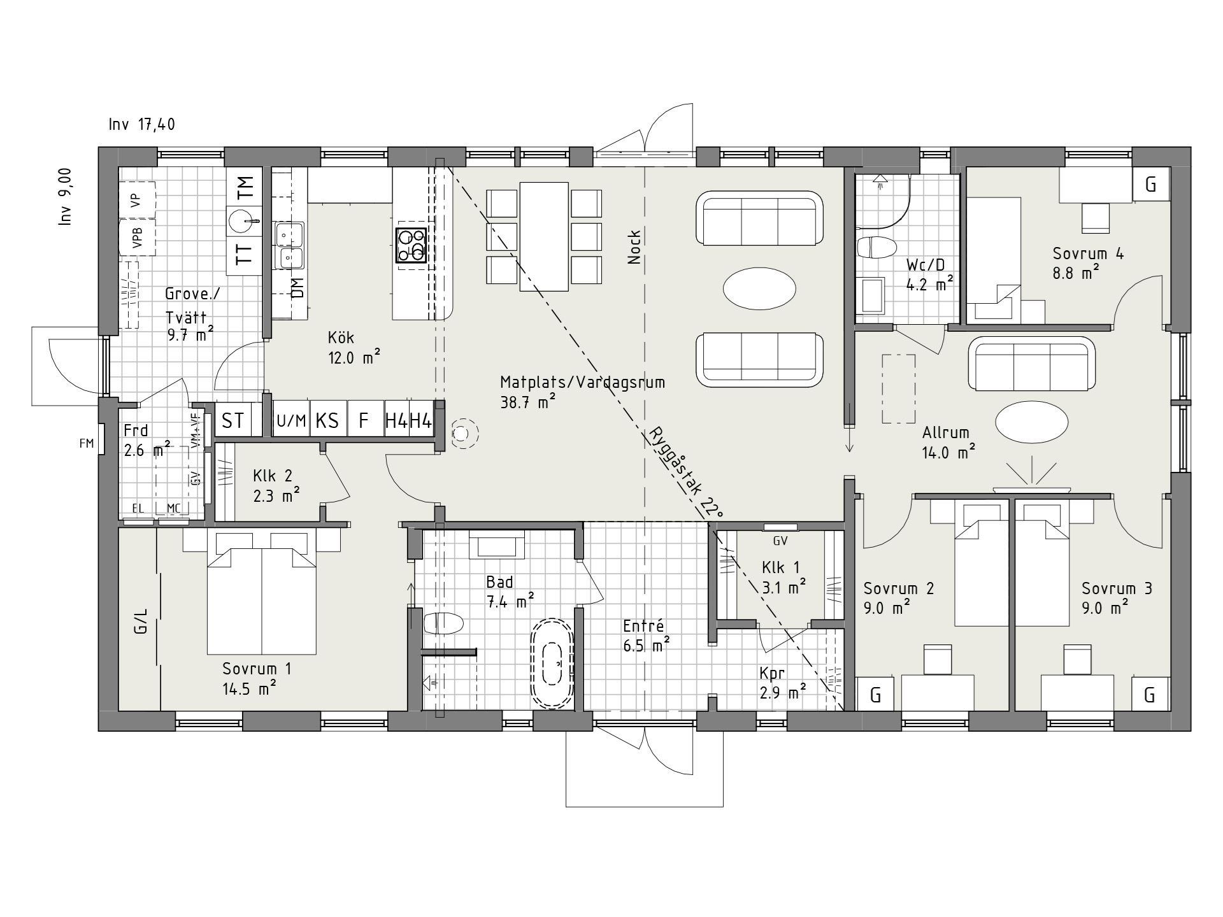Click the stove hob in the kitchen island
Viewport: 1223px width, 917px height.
[x=411, y=245]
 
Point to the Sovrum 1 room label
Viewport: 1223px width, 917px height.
[x=257, y=669]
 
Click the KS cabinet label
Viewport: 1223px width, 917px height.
[x=327, y=421]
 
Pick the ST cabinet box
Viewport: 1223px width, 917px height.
[x=234, y=420]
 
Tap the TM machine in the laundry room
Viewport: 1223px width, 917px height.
[x=245, y=188]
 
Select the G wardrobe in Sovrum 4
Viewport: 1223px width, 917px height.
[x=1150, y=185]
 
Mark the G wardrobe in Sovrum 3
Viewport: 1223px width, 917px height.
[x=1150, y=694]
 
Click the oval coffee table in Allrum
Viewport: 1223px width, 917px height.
[x=1032, y=421]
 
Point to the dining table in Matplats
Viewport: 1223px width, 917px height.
[x=544, y=236]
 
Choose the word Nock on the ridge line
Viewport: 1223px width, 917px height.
[x=634, y=247]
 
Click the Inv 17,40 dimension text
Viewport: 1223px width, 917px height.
[x=141, y=124]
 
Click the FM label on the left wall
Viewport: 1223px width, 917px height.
[x=87, y=443]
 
